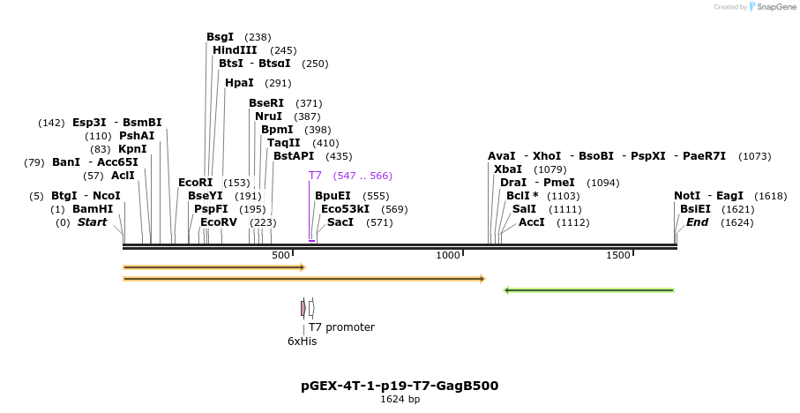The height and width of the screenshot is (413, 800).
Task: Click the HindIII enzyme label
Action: pos(235,50)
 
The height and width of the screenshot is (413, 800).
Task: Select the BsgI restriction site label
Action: pos(220,37)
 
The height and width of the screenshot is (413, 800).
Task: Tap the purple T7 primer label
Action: pos(315,176)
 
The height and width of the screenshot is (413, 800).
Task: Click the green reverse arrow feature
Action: pos(588,289)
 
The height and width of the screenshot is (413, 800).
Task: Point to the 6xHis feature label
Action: pos(302,341)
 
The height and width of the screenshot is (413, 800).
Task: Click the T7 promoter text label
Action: pos(341,327)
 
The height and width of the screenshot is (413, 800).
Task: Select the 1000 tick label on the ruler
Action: pos(448,255)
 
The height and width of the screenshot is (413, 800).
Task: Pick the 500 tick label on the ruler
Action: pos(280,255)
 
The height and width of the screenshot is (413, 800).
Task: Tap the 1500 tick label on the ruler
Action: pos(618,255)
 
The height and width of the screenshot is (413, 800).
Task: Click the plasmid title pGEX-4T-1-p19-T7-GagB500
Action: pos(400,386)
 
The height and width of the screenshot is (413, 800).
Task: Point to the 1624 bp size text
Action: pos(400,400)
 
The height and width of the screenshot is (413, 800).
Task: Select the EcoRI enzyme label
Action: pos(196,183)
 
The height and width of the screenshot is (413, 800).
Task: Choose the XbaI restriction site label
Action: pos(507,169)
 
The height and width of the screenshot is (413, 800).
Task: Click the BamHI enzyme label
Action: pos(93,209)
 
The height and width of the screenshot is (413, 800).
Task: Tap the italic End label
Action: pos(697,222)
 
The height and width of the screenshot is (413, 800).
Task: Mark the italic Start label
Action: pos(92,222)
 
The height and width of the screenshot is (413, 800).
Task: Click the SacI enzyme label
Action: pos(340,222)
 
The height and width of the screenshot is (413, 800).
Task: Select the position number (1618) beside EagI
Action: pos(771,196)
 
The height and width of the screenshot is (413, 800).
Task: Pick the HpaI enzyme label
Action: pos(239,83)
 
